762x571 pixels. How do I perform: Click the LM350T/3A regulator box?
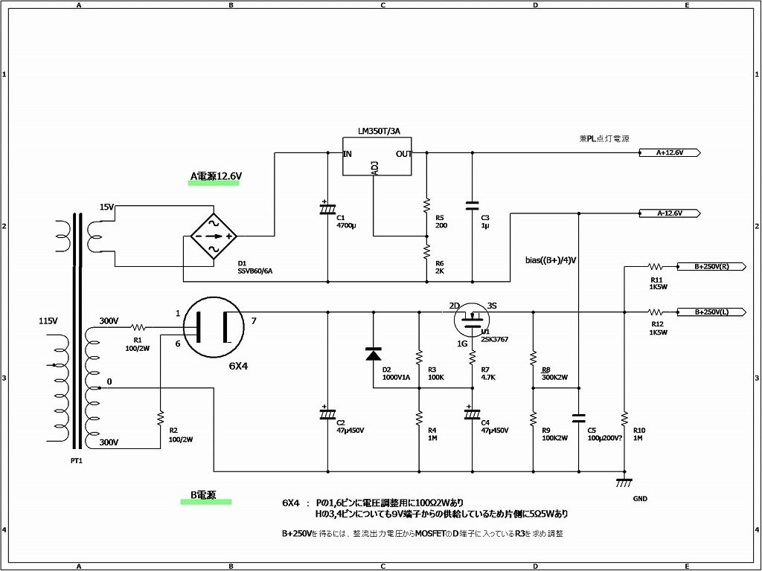377,157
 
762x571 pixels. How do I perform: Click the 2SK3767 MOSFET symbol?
472,320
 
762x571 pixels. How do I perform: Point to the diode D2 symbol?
372,354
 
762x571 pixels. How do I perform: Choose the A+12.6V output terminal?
669,153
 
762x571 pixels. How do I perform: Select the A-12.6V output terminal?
669,213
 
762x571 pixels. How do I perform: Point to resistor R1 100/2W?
138,326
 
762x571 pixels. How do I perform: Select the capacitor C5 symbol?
579,419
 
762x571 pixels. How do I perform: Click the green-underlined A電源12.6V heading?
216,177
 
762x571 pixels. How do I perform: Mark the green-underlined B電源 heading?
203,494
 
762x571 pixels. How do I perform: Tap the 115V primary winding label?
48,321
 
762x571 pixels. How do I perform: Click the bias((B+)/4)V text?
551,260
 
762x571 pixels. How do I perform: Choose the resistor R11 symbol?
656,266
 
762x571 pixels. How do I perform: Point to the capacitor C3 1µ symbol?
471,205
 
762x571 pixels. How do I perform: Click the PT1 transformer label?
77,461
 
